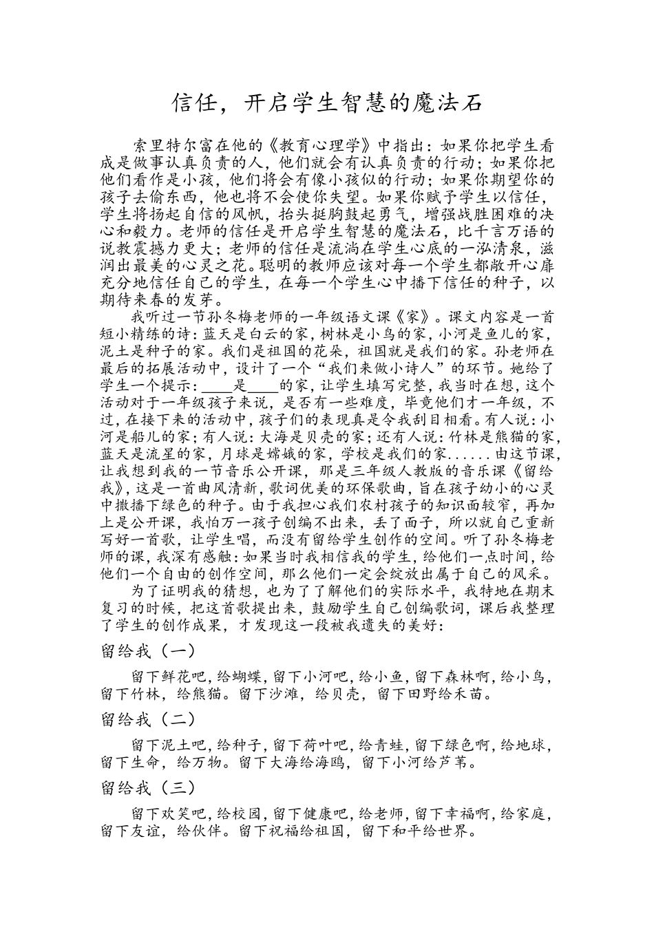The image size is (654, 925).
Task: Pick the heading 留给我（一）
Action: click(148, 651)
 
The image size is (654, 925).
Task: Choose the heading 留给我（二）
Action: click(148, 719)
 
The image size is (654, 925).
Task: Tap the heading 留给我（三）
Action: click(148, 787)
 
